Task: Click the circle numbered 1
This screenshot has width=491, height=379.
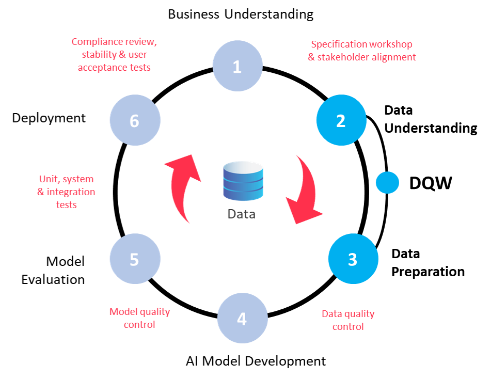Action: (x=237, y=66)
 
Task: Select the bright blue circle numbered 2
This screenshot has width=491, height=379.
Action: (x=341, y=120)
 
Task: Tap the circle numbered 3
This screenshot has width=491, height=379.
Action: (x=353, y=259)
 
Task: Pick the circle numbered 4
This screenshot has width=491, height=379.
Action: (x=242, y=319)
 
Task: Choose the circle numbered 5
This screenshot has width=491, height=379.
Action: (x=135, y=259)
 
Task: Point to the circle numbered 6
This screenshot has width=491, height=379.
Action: (x=135, y=120)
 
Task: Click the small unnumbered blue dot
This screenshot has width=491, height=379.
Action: (x=387, y=182)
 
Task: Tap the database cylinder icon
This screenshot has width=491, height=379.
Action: (x=243, y=181)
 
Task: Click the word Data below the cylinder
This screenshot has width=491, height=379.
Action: (x=241, y=214)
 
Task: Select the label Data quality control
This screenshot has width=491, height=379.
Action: (x=347, y=320)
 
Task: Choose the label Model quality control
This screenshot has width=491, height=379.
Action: (x=139, y=318)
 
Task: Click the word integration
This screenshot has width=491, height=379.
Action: (x=71, y=192)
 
